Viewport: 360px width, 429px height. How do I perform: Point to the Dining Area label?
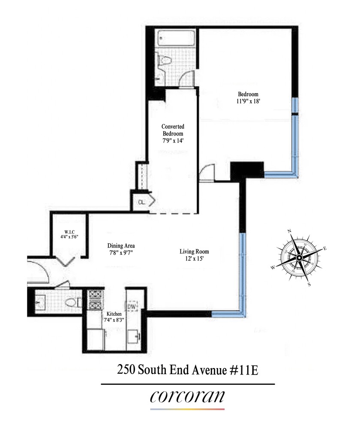pos(121,249)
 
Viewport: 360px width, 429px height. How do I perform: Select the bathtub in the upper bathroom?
pos(175,39)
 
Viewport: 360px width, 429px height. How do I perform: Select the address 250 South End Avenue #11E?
pos(187,370)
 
